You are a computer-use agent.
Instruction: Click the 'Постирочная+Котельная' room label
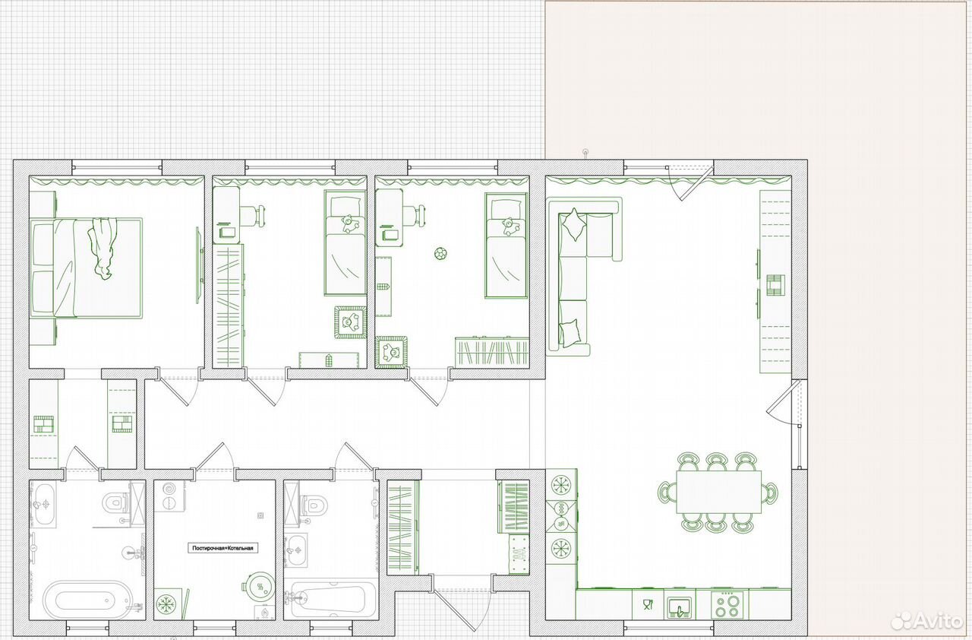(x=222, y=548)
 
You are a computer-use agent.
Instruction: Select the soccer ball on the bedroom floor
(x=441, y=253)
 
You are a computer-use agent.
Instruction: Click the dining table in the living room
(x=718, y=493)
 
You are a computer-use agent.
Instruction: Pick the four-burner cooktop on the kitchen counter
(x=727, y=605)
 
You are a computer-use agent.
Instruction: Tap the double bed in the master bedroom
(x=87, y=268)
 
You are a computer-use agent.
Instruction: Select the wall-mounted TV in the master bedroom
(x=199, y=265)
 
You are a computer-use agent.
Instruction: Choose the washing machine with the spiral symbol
(x=169, y=496)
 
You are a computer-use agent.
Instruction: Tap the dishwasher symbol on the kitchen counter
(x=648, y=604)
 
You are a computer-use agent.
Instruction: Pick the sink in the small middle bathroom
(x=296, y=550)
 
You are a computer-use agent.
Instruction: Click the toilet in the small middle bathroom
(x=314, y=505)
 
